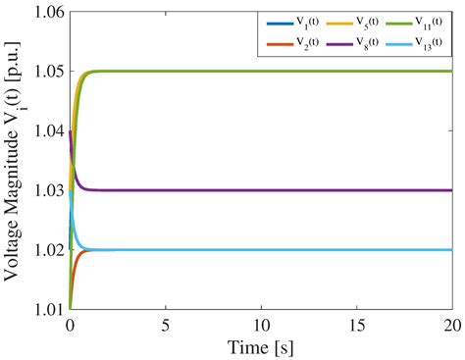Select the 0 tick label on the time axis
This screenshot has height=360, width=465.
[x=70, y=324]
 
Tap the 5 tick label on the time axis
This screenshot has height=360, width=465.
[x=166, y=324]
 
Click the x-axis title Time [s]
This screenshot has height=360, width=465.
[x=261, y=345]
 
